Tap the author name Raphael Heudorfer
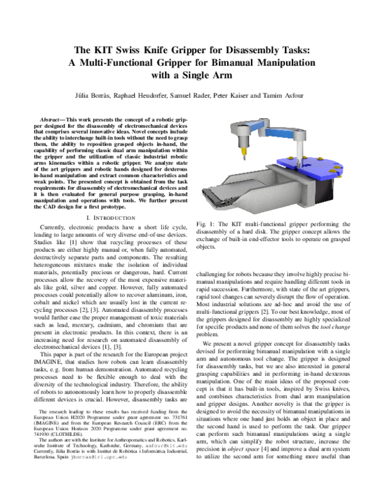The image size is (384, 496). coord(145,95)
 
